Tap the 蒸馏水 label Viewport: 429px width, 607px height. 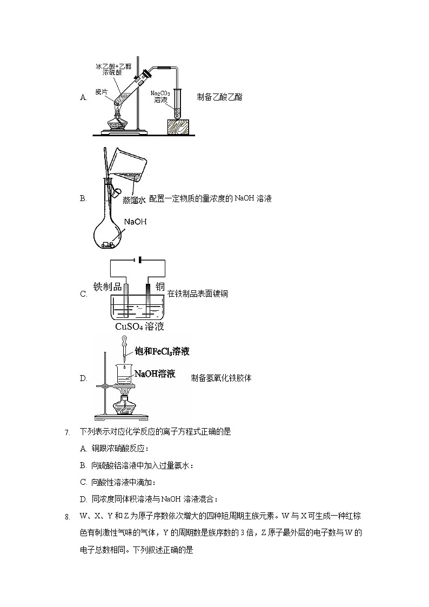pyautogui.click(x=133, y=200)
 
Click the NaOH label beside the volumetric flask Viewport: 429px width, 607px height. pyautogui.click(x=135, y=222)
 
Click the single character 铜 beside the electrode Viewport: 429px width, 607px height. pyautogui.click(x=160, y=286)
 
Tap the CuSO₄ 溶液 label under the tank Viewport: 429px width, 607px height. pyautogui.click(x=139, y=326)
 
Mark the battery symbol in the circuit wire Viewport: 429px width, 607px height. pyautogui.click(x=140, y=260)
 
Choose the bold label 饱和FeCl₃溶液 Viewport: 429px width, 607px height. pyautogui.click(x=162, y=352)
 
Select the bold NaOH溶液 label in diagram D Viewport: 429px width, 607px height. pyautogui.click(x=155, y=373)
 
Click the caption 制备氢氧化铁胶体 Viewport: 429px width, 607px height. pyautogui.click(x=221, y=378)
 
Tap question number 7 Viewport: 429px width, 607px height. pyautogui.click(x=67, y=432)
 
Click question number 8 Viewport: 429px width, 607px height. pyautogui.click(x=67, y=517)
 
